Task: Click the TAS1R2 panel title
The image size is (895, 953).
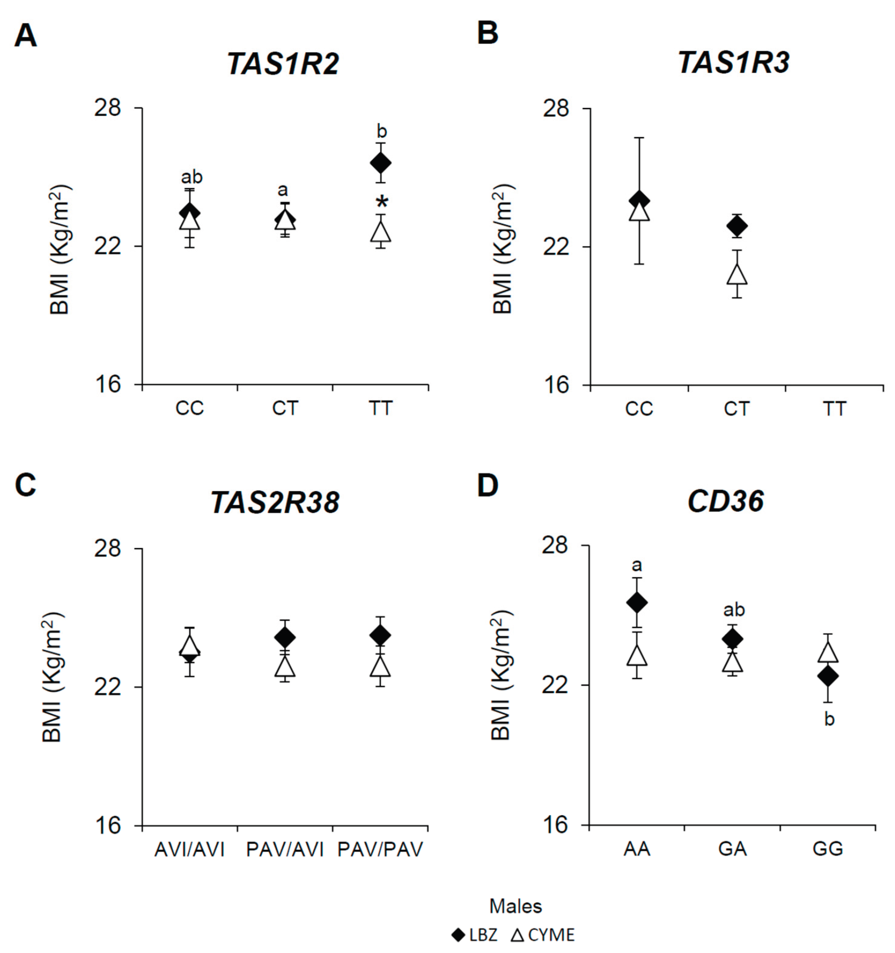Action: pyautogui.click(x=283, y=64)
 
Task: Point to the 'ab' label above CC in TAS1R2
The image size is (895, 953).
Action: pyautogui.click(x=192, y=177)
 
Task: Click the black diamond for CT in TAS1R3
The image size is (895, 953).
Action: pyautogui.click(x=736, y=225)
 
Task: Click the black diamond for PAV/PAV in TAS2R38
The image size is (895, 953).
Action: pyautogui.click(x=381, y=636)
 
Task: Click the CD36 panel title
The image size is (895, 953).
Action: pyautogui.click(x=725, y=502)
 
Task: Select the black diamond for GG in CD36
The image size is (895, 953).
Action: pyautogui.click(x=828, y=676)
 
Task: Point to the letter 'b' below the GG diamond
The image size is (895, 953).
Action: pyautogui.click(x=829, y=719)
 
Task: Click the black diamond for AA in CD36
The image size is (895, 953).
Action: pyautogui.click(x=637, y=603)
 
